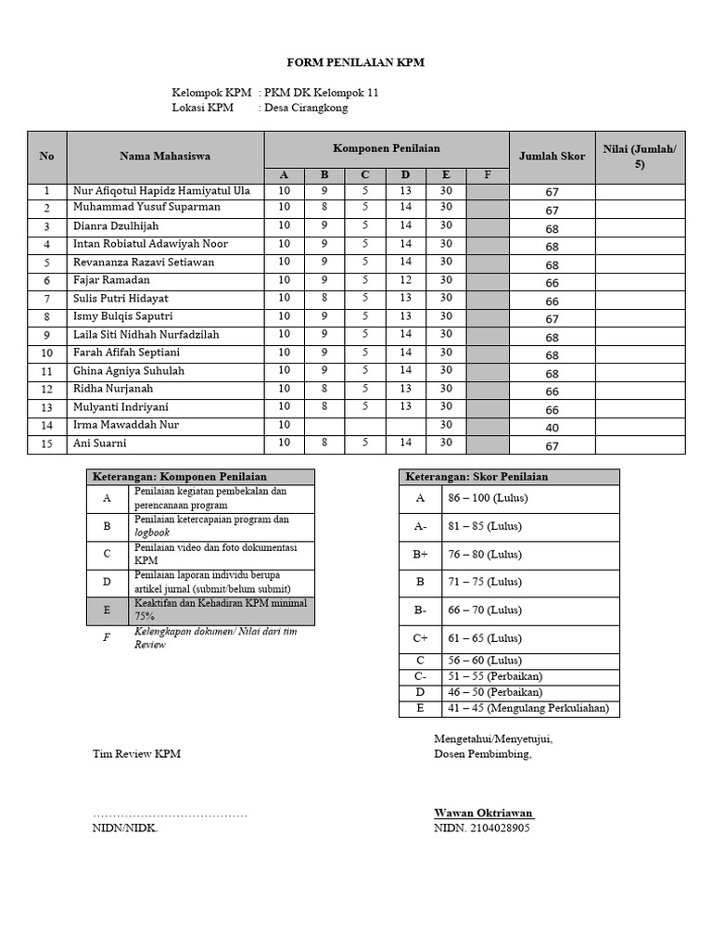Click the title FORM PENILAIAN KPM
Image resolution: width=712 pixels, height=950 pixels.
click(356, 62)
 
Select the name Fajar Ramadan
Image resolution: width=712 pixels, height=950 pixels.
click(111, 280)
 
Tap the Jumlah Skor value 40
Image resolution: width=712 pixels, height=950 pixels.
click(552, 428)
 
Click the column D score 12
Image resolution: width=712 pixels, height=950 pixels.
click(405, 280)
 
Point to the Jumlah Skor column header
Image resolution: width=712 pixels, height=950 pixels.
click(552, 156)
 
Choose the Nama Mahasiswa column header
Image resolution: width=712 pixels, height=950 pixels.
click(165, 156)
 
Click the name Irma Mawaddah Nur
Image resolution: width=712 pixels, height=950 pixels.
click(126, 425)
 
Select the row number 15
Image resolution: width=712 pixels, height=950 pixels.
click(46, 444)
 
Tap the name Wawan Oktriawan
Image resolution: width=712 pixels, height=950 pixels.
click(484, 813)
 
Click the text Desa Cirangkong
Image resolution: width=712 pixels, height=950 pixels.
click(307, 108)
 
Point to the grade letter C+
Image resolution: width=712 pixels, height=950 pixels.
click(420, 638)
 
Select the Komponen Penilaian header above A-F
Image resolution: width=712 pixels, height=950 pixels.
click(386, 148)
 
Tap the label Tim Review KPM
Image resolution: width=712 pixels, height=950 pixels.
click(136, 753)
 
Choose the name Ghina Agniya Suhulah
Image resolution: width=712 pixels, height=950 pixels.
click(129, 371)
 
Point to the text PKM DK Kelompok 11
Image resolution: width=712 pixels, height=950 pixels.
click(322, 93)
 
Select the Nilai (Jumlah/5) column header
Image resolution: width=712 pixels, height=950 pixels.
click(640, 156)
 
